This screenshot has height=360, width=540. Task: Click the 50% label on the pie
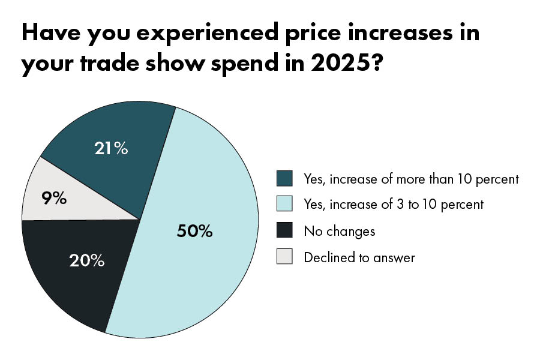click(x=194, y=231)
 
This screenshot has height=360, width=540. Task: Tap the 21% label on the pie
click(x=111, y=148)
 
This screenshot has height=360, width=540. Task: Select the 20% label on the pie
click(x=88, y=260)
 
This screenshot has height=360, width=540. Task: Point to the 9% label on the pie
click(x=55, y=198)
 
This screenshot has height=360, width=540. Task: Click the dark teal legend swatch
click(x=284, y=179)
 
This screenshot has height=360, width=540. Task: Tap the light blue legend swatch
click(x=284, y=205)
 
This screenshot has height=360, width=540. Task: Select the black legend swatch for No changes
click(x=284, y=231)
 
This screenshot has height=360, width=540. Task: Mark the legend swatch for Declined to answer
click(x=284, y=257)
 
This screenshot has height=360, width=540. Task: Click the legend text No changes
click(x=340, y=231)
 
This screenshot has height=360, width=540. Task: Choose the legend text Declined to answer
click(x=359, y=258)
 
